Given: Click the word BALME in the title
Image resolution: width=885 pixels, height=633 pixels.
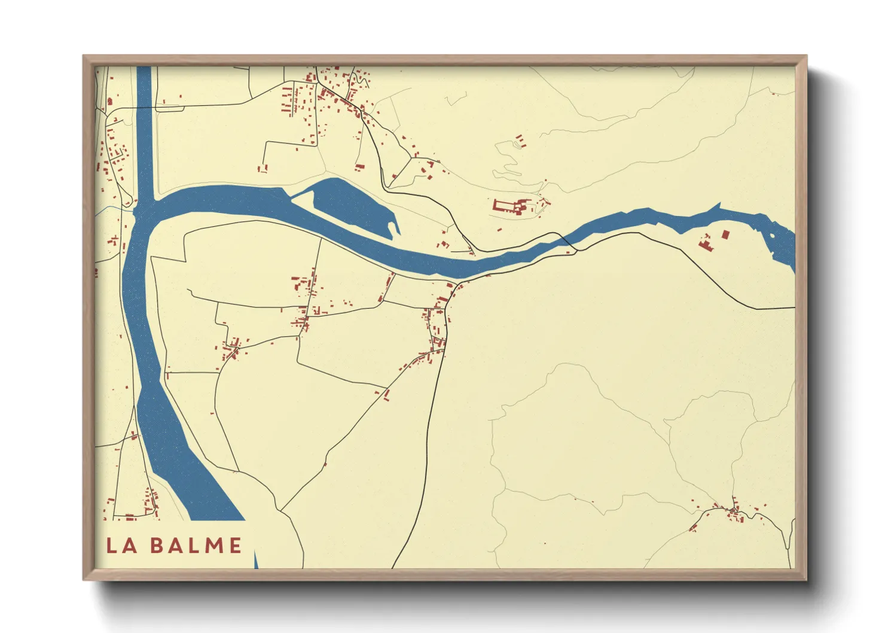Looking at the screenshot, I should click(196, 545).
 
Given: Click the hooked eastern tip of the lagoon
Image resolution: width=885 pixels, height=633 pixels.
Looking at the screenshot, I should click(394, 226).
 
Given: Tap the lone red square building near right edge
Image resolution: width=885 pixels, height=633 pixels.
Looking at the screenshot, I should click(726, 234).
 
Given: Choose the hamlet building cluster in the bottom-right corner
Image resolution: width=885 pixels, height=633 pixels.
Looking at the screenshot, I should click(733, 512).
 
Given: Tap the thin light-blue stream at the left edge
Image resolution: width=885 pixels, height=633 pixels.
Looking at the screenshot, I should click(114, 209).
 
